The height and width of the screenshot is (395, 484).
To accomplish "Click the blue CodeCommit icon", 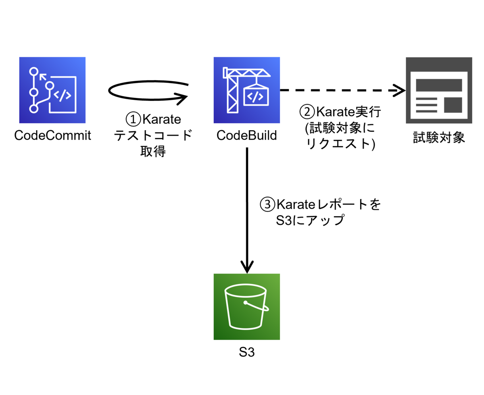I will [52, 90].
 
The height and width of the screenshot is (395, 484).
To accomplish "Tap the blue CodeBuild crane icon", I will [247, 90].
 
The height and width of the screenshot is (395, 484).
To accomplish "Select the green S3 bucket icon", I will [247, 307].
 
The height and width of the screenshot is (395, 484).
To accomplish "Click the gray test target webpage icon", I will [439, 90].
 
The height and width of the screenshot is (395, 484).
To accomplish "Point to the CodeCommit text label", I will [52, 135].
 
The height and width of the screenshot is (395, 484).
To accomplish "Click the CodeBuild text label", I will [247, 135].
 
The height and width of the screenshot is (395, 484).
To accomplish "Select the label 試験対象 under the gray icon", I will [439, 138].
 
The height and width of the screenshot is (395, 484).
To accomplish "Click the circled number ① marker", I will [132, 120].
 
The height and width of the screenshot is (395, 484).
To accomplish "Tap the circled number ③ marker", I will [267, 205].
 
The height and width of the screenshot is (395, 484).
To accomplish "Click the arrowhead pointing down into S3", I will [247, 266].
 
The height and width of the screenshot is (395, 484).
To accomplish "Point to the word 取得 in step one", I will [153, 152].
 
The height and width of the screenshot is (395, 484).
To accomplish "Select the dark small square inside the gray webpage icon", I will [453, 105].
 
